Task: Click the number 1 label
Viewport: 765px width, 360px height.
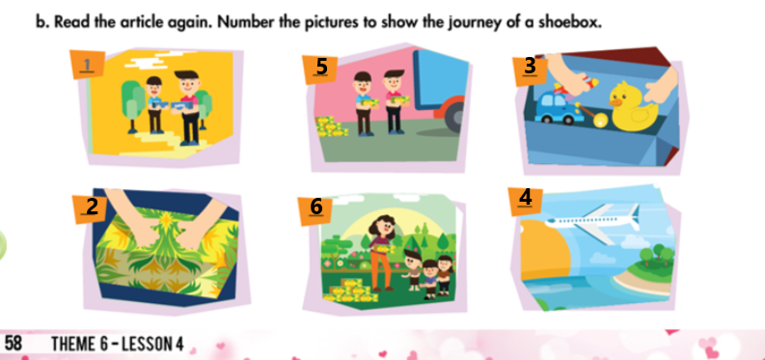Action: pos(88,67)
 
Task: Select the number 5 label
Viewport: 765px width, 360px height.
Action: pos(321,67)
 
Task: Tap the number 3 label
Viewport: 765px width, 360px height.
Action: pos(530,66)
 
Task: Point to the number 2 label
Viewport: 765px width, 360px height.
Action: pos(92,207)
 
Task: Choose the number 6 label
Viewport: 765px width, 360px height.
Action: pos(315,207)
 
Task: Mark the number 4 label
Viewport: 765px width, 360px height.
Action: pos(525,197)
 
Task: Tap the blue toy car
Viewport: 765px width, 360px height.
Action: pos(560,105)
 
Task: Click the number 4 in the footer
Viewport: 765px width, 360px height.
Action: pos(178,344)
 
